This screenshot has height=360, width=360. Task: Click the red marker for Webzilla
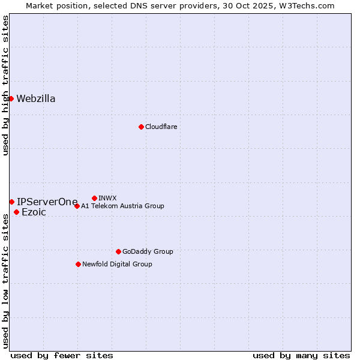click(11, 98)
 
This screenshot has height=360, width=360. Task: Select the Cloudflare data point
click(141, 127)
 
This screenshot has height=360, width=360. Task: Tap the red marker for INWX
click(94, 198)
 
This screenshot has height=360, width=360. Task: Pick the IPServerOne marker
click(11, 202)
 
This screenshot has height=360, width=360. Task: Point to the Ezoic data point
click(16, 212)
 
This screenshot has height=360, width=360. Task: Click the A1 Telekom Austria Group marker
click(77, 206)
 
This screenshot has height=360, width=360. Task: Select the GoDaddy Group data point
click(118, 251)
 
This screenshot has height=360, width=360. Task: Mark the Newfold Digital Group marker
click(78, 264)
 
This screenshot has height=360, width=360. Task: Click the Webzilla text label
click(36, 99)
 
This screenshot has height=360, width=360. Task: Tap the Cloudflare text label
click(161, 127)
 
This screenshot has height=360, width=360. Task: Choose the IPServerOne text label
click(47, 202)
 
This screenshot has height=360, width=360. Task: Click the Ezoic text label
click(34, 212)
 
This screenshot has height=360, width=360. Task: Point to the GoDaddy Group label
click(148, 251)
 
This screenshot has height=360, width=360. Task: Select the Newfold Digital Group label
click(117, 264)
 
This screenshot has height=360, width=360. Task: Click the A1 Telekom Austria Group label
click(122, 206)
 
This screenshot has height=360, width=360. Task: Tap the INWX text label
click(107, 198)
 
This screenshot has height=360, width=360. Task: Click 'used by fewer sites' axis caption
click(62, 355)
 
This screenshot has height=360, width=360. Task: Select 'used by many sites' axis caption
click(301, 355)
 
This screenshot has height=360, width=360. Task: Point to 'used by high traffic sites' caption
click(6, 85)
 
